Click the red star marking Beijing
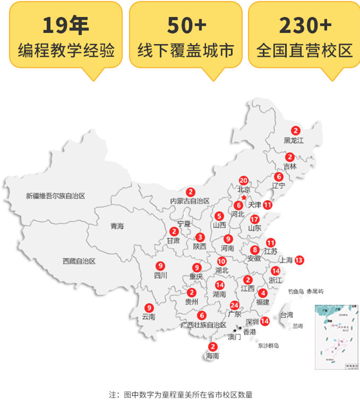pos(244,198)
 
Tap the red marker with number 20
pos(244,180)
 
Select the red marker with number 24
pos(235,305)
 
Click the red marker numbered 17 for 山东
pos(255,219)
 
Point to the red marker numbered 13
pos(299,260)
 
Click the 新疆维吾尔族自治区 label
pos(56,196)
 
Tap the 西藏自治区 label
pos(79,261)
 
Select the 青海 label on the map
pos(117,226)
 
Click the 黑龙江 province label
pos(294,140)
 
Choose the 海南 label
pos(212,357)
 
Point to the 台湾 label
pos(286,314)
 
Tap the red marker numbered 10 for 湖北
pos(221,261)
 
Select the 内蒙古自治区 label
pos(190,201)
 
